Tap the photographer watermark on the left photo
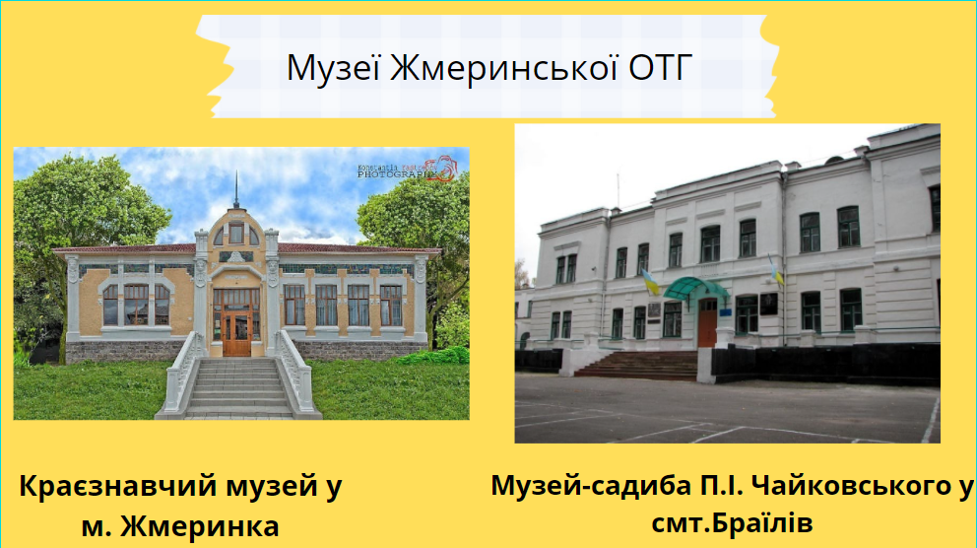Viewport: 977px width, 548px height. tap(406, 171)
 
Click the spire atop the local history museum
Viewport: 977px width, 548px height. tap(236, 191)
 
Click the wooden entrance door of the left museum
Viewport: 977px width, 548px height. tap(236, 329)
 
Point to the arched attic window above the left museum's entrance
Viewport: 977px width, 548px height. tap(236, 234)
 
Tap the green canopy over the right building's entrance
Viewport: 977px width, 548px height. tap(696, 287)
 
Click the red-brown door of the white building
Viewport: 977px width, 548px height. tap(707, 322)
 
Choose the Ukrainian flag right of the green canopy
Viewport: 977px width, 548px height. tap(775, 268)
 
